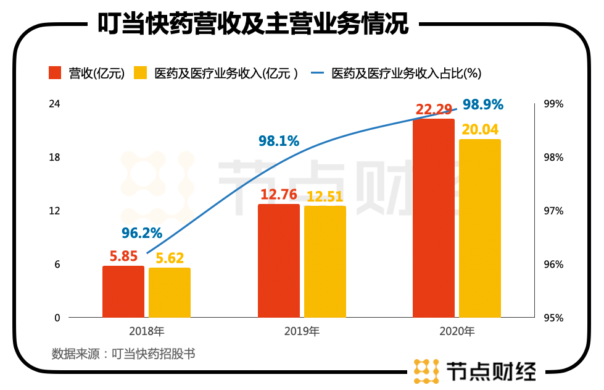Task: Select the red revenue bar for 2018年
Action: point(123,292)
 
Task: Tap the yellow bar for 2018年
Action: point(170,293)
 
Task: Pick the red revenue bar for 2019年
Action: point(279,261)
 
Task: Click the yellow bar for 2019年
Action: point(325,261)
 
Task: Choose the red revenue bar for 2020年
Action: point(434,218)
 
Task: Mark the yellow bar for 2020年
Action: point(480,228)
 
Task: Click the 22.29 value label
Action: point(434,109)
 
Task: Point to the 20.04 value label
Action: point(479,129)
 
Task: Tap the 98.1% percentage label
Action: point(279,141)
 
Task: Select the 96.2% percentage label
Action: point(141,233)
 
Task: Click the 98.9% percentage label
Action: point(483,104)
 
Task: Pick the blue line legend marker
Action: point(318,73)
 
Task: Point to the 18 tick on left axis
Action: point(55,158)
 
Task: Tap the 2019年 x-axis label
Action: point(302,331)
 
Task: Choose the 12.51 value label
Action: point(325,196)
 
